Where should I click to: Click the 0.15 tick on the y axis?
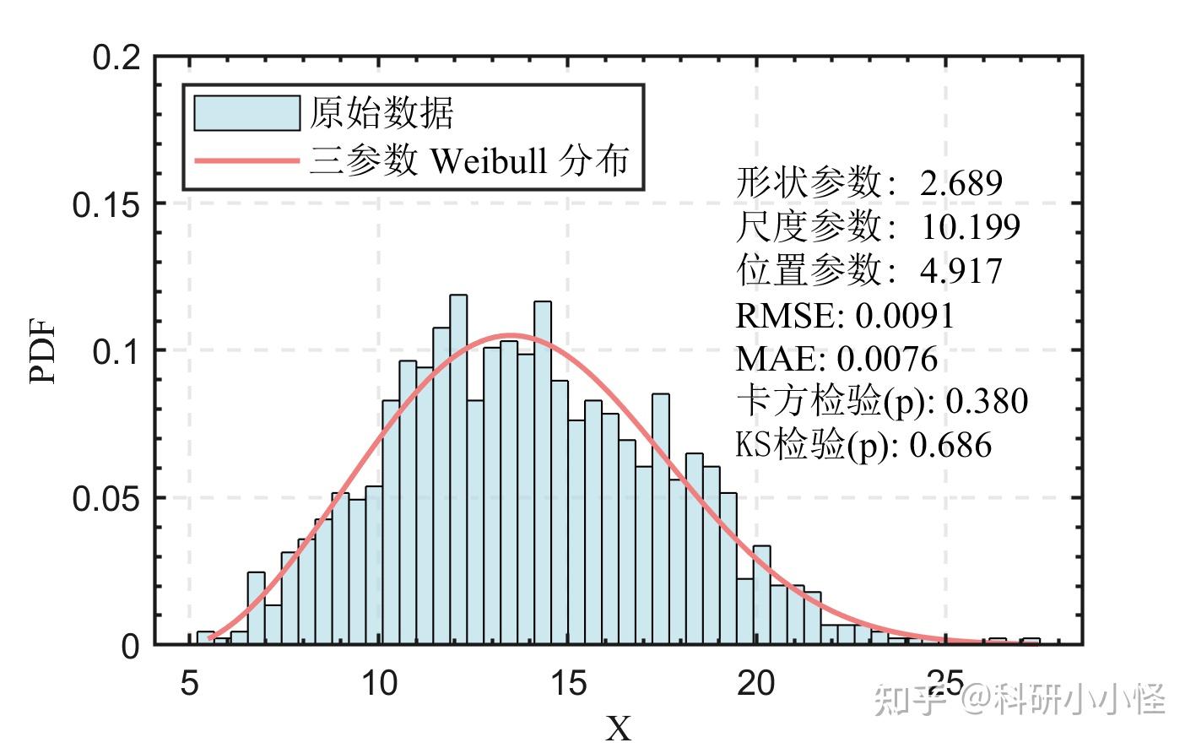(106, 205)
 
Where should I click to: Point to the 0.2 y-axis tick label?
(116, 58)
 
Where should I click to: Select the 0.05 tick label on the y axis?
(106, 499)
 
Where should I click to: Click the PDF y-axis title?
(43, 351)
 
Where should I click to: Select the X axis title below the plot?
(619, 729)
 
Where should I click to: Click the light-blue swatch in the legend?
(246, 113)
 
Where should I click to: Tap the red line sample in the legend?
(246, 160)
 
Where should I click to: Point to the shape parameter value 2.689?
(961, 182)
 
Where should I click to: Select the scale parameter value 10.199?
(970, 226)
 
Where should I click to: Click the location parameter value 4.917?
(961, 271)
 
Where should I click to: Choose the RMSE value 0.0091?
(904, 316)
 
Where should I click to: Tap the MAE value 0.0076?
(887, 359)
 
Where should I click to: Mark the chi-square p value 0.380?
(987, 402)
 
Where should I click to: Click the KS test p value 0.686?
(950, 445)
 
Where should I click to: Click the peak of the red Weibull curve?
(511, 335)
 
